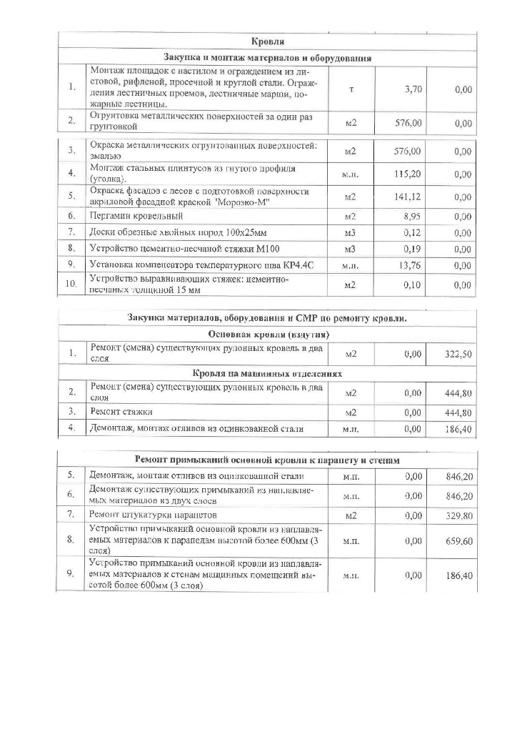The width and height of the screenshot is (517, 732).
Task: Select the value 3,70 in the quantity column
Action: pyautogui.click(x=412, y=89)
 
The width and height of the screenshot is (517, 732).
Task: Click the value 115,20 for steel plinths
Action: pyautogui.click(x=408, y=174)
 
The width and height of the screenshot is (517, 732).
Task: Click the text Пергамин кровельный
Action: pyautogui.click(x=136, y=215)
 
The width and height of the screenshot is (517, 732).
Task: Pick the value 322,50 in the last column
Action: pyautogui.click(x=458, y=354)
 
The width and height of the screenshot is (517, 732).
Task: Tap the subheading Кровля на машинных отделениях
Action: pyautogui.click(x=268, y=373)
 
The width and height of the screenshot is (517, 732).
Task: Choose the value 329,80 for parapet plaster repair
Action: pyautogui.click(x=458, y=515)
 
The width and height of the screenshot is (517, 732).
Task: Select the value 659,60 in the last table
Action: pyautogui.click(x=458, y=541)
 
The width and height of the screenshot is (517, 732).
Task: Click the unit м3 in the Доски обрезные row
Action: pyautogui.click(x=350, y=232)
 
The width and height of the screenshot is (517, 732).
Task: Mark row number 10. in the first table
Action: pyautogui.click(x=72, y=284)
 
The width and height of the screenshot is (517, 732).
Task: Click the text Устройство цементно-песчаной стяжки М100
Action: pyautogui.click(x=184, y=249)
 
